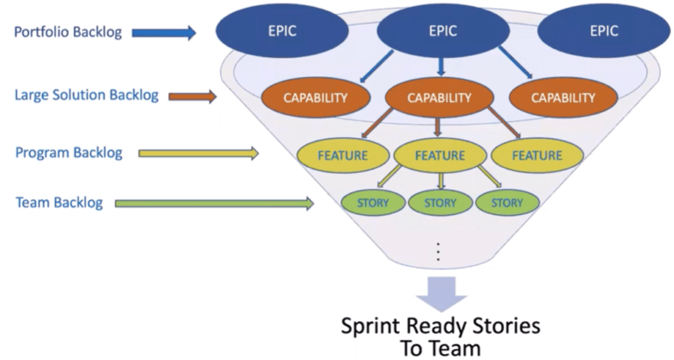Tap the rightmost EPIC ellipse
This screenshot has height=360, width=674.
[x=603, y=31]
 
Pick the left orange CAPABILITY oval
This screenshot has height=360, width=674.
[x=314, y=98]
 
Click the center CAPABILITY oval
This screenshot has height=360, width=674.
[x=441, y=98]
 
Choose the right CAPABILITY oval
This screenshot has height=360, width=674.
[x=563, y=98]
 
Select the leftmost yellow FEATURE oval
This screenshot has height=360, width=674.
[x=343, y=155]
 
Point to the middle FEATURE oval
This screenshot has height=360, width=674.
[x=440, y=155]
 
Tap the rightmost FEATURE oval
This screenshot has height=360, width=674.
[x=536, y=155]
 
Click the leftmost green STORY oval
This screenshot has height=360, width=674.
[x=373, y=203]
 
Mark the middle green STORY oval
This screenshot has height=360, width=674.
[x=440, y=203]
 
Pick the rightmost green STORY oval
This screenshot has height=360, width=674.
[x=506, y=203]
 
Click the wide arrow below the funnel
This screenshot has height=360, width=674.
[x=441, y=291]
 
